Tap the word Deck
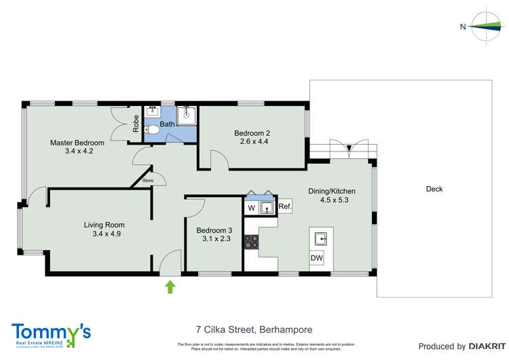coord(435,189)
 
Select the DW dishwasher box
coord(317,258)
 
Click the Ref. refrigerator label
coord(285,206)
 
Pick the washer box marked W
coord(251,207)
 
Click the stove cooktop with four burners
coord(251,241)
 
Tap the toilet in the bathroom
coord(153,129)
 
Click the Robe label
coord(136,122)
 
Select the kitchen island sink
coord(320,238)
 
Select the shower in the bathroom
coord(186,115)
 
